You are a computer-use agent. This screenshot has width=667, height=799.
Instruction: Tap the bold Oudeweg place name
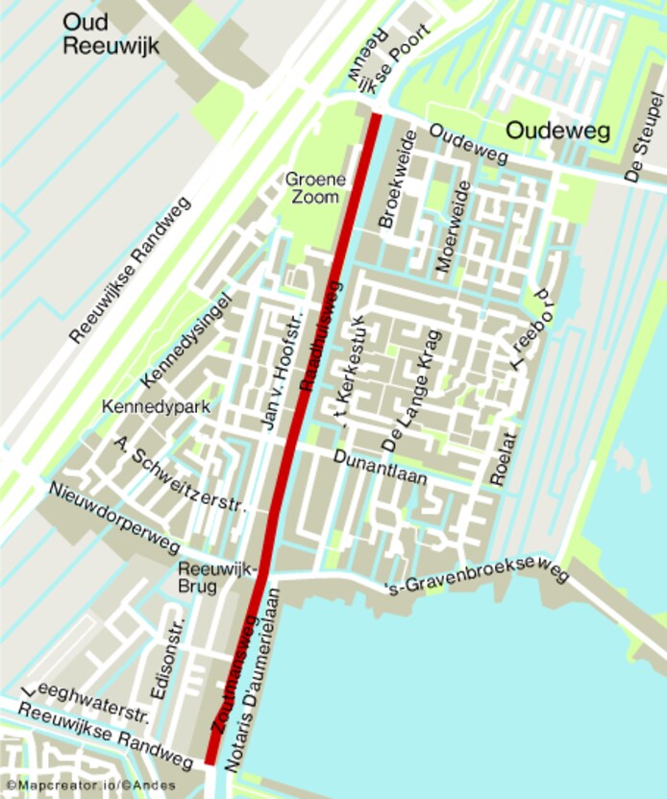pos(558,131)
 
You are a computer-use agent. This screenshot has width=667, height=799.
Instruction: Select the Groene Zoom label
pos(312,187)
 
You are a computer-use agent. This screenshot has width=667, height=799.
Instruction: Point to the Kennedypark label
pos(156,407)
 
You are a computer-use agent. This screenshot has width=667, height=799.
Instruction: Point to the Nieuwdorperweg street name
pos(114,518)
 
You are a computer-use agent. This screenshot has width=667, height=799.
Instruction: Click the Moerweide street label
pos(450,227)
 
